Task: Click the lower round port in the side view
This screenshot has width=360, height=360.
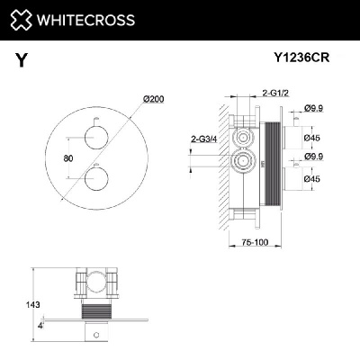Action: (241, 163)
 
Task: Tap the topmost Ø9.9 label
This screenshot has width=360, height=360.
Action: (313, 109)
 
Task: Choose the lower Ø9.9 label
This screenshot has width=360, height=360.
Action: (313, 158)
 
